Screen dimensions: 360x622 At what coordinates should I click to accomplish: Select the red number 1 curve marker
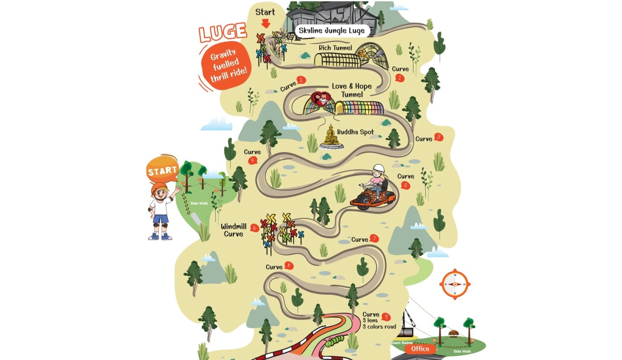tap(400, 78)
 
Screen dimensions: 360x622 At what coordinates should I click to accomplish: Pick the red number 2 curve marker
tap(301, 79)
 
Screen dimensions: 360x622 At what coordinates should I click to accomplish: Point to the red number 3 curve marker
tap(438, 137)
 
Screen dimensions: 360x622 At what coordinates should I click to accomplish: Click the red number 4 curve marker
tap(253, 161)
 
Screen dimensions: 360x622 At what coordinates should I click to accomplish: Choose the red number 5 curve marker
tap(405, 185)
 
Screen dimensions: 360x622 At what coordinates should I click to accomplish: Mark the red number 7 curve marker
tap(374, 238)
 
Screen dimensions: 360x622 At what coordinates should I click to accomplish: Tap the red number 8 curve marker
tap(289, 266)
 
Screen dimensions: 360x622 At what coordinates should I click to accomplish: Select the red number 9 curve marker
tap(386, 317)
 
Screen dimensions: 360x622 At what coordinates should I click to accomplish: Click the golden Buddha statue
tap(331, 136)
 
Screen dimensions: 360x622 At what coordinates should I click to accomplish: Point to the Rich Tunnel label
tap(335, 48)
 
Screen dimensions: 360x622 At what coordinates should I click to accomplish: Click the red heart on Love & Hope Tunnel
tap(322, 99)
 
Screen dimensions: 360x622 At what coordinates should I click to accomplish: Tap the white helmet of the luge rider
tap(379, 169)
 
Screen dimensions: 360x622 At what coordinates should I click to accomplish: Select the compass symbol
tap(454, 284)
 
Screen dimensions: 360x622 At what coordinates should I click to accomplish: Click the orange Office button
tap(420, 349)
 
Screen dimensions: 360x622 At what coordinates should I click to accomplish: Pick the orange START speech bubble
tap(162, 170)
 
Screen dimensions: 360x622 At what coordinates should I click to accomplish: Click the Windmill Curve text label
tap(233, 230)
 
